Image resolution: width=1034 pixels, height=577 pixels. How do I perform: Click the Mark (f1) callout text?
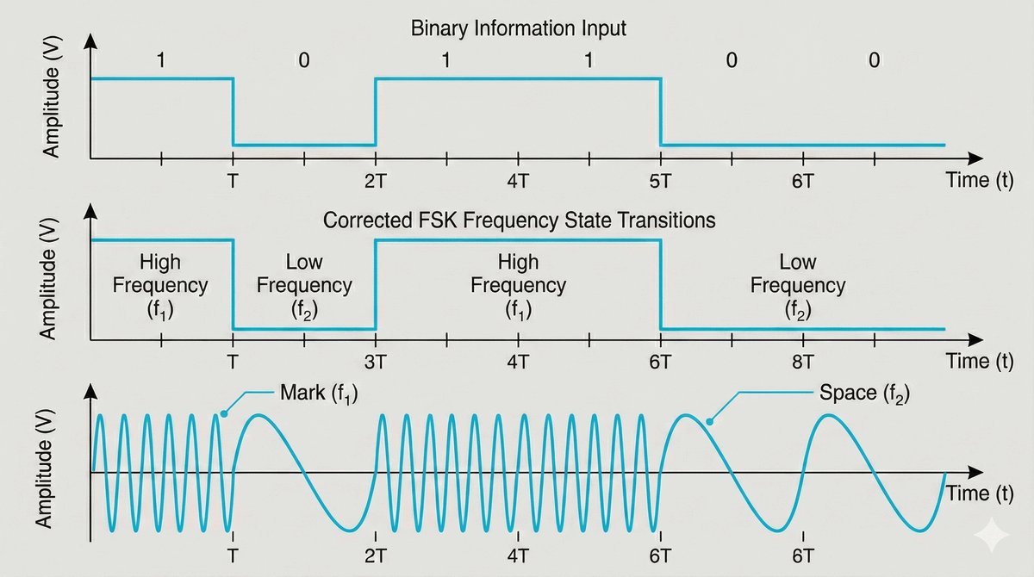(x=318, y=395)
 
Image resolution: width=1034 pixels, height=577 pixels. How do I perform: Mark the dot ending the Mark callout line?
(x=223, y=413)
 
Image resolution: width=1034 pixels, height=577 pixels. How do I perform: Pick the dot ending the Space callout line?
(x=709, y=422)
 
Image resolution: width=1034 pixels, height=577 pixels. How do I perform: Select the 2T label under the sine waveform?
(x=375, y=555)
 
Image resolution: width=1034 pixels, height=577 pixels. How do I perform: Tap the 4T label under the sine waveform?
(x=517, y=555)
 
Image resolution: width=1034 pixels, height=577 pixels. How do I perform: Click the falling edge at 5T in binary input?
(x=660, y=112)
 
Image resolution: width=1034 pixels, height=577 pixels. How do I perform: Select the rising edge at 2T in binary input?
(x=375, y=112)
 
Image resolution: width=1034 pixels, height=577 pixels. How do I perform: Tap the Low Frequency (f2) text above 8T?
(x=799, y=284)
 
